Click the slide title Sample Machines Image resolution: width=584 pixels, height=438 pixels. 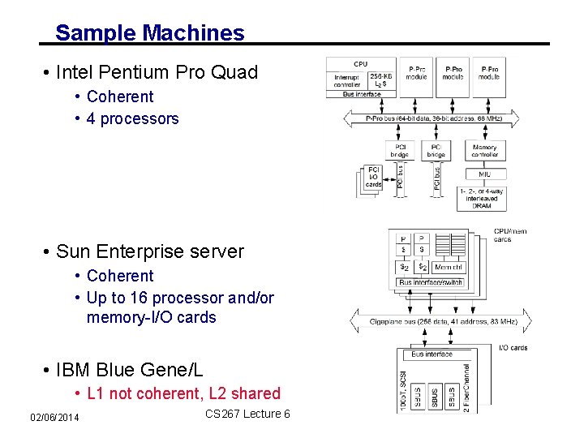pos(149,33)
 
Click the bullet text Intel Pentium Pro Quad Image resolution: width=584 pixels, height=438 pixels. pos(156,72)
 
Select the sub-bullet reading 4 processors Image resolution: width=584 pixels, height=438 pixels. pos(132,118)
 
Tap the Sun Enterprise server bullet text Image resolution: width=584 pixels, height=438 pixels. pos(149,251)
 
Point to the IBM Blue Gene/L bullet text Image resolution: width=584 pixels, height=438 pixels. pos(129,371)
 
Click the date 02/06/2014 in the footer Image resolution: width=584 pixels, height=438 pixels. pos(54,417)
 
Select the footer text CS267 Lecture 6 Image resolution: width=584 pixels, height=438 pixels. pos(247,414)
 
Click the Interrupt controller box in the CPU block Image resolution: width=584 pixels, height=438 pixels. pos(347,79)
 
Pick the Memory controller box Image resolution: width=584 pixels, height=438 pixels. pos(484,152)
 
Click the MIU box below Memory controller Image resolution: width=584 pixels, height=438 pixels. pos(484,174)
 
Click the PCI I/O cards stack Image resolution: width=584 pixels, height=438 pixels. pos(372,179)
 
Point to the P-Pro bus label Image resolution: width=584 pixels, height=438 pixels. pos(434,118)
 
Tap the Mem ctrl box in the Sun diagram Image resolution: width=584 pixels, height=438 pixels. pos(449,267)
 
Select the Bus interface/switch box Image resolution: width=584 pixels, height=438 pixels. pos(430,282)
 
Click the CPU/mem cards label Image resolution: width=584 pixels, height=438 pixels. pos(509,235)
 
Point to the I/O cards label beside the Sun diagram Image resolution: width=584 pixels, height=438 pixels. pos(513,347)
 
